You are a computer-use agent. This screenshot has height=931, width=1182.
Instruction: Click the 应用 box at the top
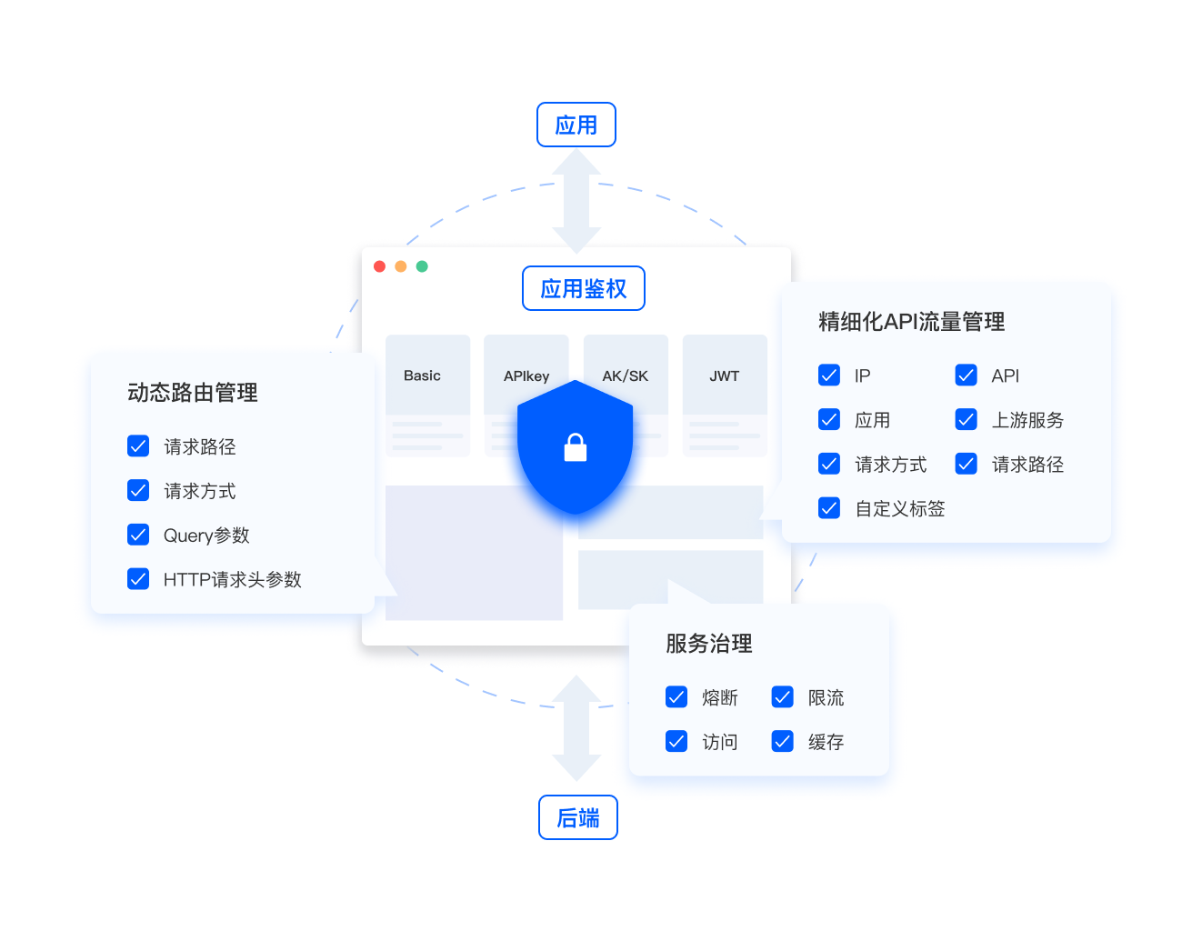[x=576, y=125]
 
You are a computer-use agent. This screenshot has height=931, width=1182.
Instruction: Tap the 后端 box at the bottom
[x=578, y=817]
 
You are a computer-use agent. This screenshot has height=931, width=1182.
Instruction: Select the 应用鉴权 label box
[x=584, y=288]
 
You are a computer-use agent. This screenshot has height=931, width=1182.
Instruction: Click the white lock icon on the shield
[x=576, y=447]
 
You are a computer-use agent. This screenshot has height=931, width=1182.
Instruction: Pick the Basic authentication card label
[x=422, y=375]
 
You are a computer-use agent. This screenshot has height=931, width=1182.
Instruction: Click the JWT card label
[x=725, y=375]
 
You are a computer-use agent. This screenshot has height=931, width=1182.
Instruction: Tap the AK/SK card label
[x=626, y=375]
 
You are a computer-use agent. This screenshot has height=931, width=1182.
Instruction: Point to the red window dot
[x=380, y=266]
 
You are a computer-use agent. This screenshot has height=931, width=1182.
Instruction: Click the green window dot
[x=422, y=266]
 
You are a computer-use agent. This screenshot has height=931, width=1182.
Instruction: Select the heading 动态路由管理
[x=193, y=393]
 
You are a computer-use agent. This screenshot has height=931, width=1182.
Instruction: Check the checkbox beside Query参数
[x=138, y=535]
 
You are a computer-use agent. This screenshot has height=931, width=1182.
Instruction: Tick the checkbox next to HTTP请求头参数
[x=138, y=579]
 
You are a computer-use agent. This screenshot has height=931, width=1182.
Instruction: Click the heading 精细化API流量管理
[x=911, y=322]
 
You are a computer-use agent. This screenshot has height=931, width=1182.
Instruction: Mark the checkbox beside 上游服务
[x=966, y=419]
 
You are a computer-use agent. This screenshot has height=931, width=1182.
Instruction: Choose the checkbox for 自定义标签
[x=829, y=508]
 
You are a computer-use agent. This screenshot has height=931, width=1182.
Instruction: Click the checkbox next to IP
[x=829, y=375]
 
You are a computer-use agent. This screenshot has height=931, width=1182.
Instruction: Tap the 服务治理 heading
[x=709, y=644]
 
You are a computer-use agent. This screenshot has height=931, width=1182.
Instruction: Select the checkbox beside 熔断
[x=676, y=697]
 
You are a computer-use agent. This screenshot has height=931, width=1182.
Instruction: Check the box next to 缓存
[x=783, y=742]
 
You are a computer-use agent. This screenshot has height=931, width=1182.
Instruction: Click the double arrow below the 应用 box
[x=576, y=201]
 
